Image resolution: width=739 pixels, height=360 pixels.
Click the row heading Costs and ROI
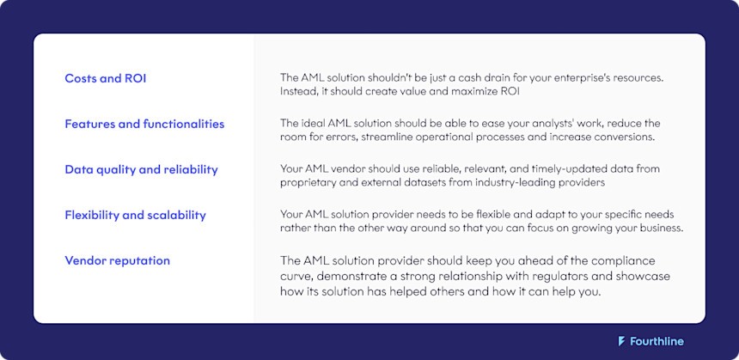(x=106, y=78)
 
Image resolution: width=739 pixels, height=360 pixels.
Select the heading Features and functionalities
(x=144, y=124)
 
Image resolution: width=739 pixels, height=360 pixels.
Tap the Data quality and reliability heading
(x=141, y=169)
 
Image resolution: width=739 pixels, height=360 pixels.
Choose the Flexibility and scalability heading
(x=135, y=215)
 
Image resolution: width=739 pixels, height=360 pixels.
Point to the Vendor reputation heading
(x=117, y=260)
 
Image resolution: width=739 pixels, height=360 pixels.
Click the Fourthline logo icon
(x=621, y=341)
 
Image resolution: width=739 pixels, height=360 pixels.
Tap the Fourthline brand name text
(x=657, y=341)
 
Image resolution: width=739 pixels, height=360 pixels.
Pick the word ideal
(x=316, y=124)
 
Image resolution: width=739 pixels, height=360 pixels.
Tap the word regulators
(x=520, y=277)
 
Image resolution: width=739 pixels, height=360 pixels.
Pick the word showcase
(x=642, y=277)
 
